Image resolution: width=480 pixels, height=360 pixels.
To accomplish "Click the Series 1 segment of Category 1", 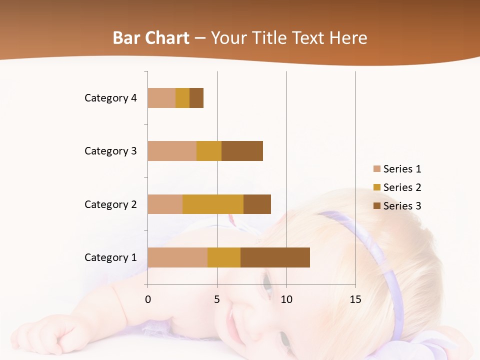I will pyautogui.click(x=177, y=257).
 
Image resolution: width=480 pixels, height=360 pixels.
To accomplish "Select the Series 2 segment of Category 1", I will pyautogui.click(x=223, y=257).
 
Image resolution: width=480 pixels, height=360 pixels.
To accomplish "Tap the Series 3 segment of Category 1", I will pyautogui.click(x=275, y=257).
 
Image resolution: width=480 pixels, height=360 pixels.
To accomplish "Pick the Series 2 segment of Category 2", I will pyautogui.click(x=213, y=204).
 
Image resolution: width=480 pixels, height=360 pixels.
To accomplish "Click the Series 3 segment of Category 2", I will pyautogui.click(x=257, y=204).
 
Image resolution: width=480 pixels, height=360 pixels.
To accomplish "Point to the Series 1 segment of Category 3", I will pyautogui.click(x=172, y=151).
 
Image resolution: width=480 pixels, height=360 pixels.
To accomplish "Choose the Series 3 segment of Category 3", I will pyautogui.click(x=242, y=151).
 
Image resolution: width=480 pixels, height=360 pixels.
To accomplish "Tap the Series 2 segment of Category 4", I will pyautogui.click(x=182, y=98).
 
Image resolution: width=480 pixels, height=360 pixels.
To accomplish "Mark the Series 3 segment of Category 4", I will pyautogui.click(x=196, y=98).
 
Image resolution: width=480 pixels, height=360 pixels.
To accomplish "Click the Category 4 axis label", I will pyautogui.click(x=110, y=98).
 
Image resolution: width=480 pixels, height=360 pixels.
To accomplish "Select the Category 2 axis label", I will pyautogui.click(x=110, y=204).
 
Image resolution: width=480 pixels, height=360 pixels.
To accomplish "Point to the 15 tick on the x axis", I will pyautogui.click(x=355, y=299).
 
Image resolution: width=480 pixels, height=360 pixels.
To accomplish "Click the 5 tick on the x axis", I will pyautogui.click(x=217, y=299).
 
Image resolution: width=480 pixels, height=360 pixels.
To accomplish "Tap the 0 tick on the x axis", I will pyautogui.click(x=148, y=299).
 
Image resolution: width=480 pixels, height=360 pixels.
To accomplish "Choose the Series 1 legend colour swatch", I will pyautogui.click(x=377, y=169).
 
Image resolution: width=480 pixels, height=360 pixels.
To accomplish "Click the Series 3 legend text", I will pyautogui.click(x=402, y=206).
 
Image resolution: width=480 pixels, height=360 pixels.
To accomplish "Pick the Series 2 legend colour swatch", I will pyautogui.click(x=377, y=187).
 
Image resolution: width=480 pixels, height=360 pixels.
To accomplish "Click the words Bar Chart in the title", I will pyautogui.click(x=151, y=38).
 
